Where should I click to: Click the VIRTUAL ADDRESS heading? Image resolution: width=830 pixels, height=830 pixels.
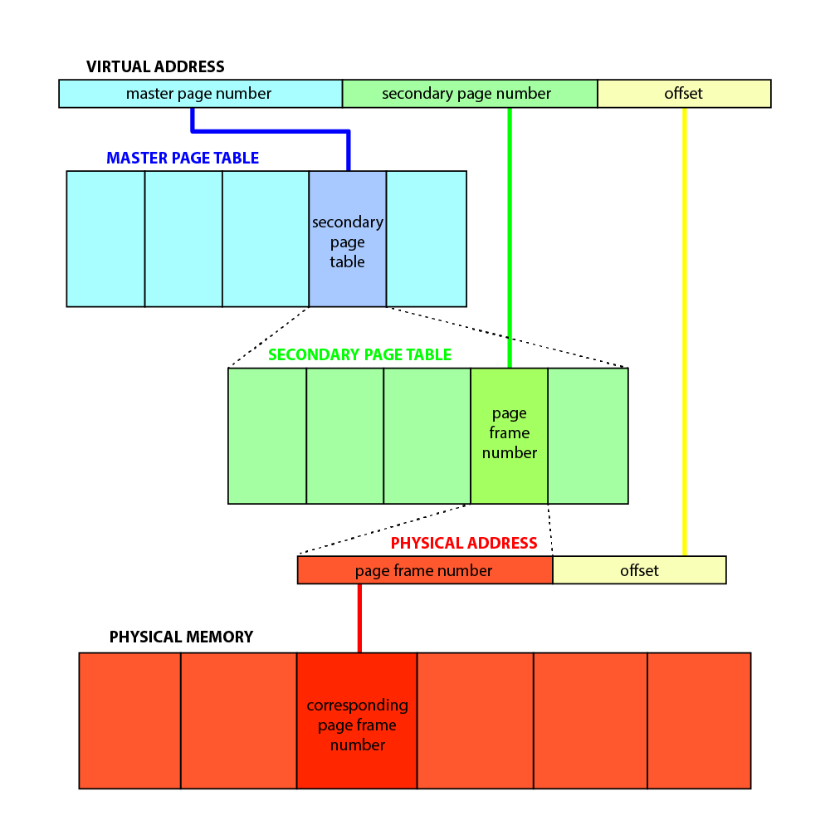click(x=155, y=66)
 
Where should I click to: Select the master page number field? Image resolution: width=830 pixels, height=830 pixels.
click(x=199, y=94)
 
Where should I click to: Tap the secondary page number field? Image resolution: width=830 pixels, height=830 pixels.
click(x=469, y=94)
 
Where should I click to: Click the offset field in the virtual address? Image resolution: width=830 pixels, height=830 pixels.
click(x=684, y=94)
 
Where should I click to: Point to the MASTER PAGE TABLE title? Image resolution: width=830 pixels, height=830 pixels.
click(x=183, y=158)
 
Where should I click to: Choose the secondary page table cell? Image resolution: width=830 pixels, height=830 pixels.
click(x=348, y=241)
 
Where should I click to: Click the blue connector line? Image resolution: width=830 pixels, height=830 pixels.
click(x=270, y=130)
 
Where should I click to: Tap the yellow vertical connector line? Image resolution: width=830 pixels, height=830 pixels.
click(x=684, y=332)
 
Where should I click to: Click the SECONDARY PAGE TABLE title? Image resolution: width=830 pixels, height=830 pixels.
click(x=359, y=354)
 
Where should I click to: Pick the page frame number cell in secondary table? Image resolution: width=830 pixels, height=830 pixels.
click(x=509, y=433)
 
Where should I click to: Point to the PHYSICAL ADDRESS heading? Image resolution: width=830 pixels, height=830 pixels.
click(x=464, y=543)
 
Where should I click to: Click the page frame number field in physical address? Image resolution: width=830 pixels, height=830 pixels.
click(x=424, y=570)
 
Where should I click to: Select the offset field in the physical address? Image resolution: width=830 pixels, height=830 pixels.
click(x=639, y=570)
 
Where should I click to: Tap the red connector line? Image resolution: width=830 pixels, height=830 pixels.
click(x=359, y=618)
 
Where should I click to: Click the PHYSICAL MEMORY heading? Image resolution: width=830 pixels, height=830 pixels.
click(x=181, y=637)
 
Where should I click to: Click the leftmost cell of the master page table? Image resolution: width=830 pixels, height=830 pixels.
click(x=105, y=239)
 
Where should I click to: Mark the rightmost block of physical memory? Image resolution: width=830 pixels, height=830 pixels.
click(x=699, y=720)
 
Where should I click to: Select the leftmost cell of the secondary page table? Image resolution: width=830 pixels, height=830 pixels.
click(x=267, y=436)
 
